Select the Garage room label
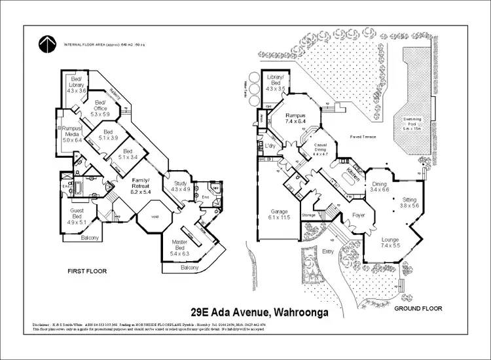tap(280, 214)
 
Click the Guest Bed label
tap(78, 219)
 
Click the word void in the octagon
tap(155, 217)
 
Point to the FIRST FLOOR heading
tap(87, 270)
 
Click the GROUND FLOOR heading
tap(418, 308)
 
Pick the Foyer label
tap(358, 215)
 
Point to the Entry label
tap(329, 250)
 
